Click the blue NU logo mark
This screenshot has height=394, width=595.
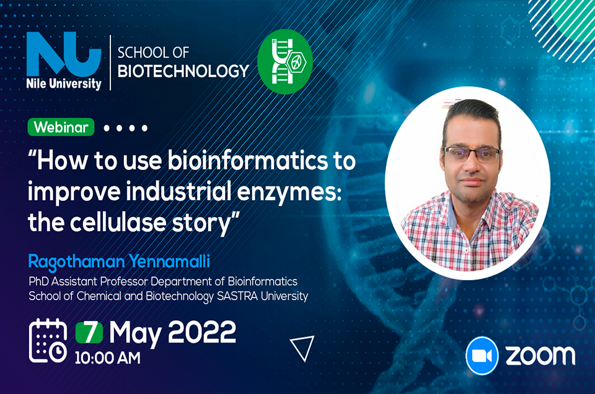point(64,54)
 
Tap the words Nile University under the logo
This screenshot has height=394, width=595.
point(64,84)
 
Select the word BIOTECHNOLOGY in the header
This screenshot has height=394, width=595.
point(183,71)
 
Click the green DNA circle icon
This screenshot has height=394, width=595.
point(285,61)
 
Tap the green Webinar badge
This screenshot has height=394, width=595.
point(61,128)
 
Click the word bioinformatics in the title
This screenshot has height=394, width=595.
point(247,160)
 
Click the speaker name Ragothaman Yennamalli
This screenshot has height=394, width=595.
point(119,261)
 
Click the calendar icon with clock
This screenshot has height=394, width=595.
point(48,341)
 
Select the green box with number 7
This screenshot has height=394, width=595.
point(89,333)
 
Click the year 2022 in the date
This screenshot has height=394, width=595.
point(202,332)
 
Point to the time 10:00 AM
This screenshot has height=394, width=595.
point(107,358)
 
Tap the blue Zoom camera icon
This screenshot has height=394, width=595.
point(482,356)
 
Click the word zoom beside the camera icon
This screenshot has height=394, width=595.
point(540,356)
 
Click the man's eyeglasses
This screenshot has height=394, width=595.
point(472,154)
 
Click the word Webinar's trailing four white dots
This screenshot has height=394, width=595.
point(126,128)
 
